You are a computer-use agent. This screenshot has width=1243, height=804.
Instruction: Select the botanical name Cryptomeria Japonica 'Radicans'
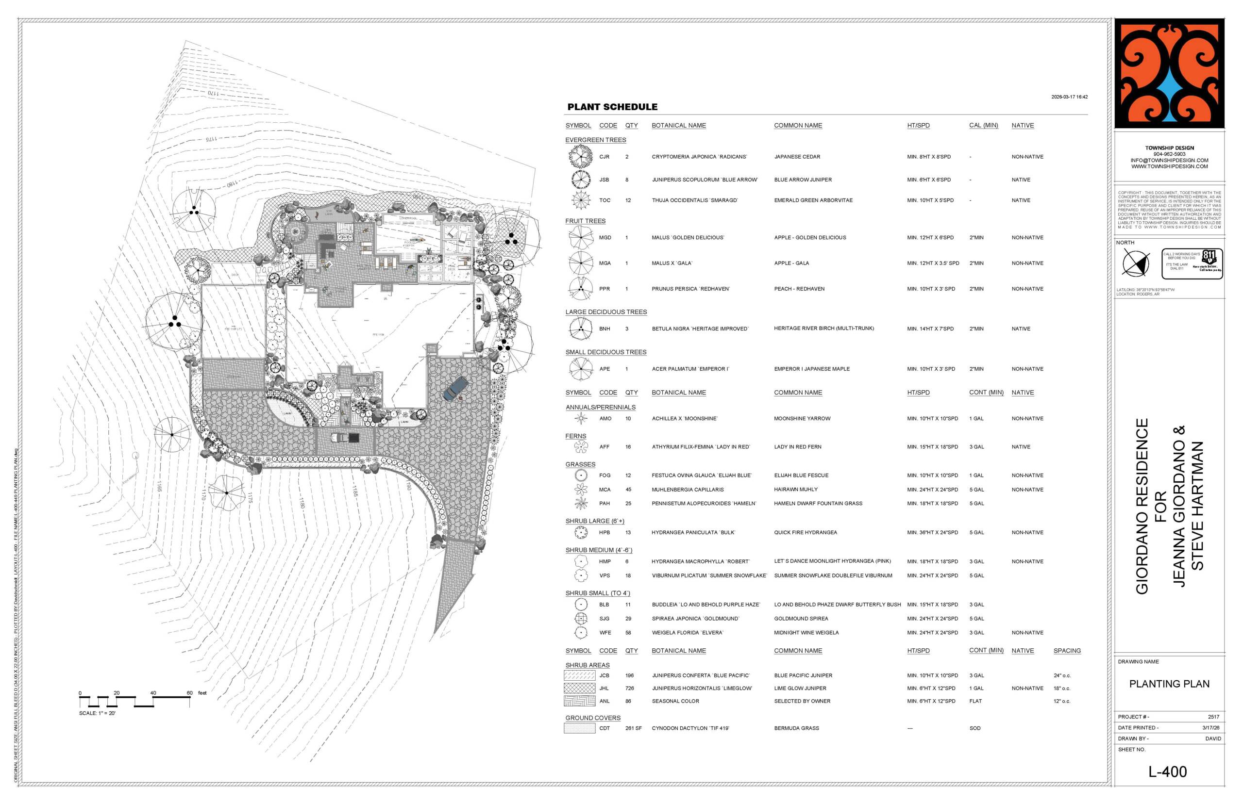click(699, 157)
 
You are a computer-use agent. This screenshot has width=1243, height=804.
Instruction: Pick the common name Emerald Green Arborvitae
click(813, 200)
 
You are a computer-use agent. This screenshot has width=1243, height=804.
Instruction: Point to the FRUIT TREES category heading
click(585, 221)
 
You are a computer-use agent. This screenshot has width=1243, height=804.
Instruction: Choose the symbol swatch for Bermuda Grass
click(579, 728)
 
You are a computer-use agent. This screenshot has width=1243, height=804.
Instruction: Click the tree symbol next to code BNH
click(580, 329)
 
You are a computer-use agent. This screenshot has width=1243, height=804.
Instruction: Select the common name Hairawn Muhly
click(795, 490)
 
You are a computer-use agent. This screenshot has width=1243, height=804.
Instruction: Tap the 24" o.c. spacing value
click(1062, 675)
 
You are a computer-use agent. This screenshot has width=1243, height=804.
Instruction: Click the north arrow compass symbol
click(1135, 263)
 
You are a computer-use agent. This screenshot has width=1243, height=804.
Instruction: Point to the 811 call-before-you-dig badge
click(1192, 263)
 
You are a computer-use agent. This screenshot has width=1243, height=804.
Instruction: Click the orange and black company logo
click(1169, 74)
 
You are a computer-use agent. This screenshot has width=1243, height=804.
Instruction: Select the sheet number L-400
click(1167, 771)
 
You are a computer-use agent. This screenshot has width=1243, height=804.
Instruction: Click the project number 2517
click(1213, 717)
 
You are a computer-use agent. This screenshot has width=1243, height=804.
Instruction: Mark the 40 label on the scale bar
click(153, 693)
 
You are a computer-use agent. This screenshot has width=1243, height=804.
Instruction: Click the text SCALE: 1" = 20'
click(97, 713)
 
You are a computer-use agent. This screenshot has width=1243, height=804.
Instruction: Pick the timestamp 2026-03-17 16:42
click(1069, 97)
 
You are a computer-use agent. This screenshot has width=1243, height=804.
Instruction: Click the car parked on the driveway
click(455, 388)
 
